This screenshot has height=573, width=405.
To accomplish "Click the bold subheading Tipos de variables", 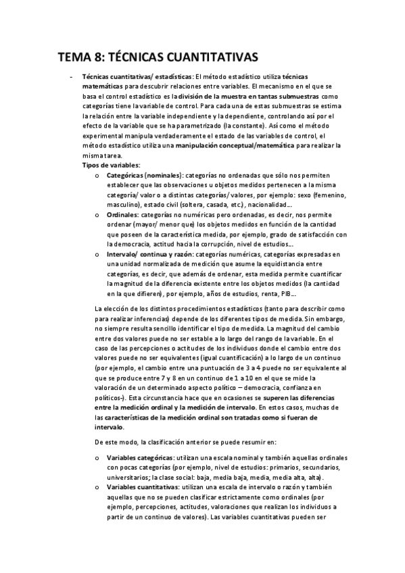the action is pyautogui.click(x=111, y=165).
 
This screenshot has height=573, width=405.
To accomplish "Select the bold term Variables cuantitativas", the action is pyautogui.click(x=141, y=487).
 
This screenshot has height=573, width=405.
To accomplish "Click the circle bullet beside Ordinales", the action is pyautogui.click(x=98, y=215).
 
